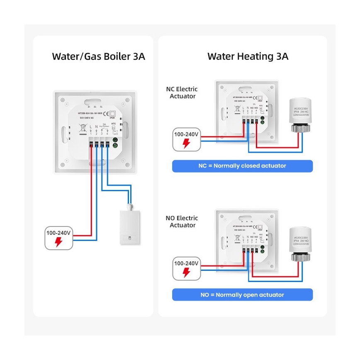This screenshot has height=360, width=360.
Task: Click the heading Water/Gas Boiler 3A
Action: [x=98, y=56]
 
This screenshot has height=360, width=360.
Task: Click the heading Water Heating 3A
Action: [x=248, y=56]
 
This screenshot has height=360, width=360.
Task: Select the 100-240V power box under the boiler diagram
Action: [x=59, y=238]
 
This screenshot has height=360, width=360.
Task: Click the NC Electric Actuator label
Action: [x=182, y=92]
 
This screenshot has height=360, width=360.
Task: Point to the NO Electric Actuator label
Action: [x=182, y=221]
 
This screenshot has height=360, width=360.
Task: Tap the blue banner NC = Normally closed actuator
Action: [x=242, y=166]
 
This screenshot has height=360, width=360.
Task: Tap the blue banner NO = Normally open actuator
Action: [x=242, y=295]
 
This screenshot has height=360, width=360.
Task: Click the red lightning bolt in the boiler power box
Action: [x=59, y=242]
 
